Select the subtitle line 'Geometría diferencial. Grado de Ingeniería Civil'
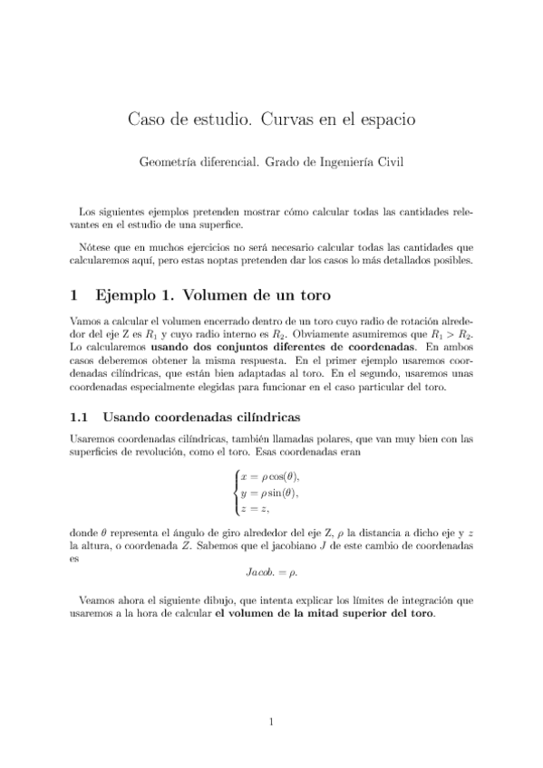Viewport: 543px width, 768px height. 271,163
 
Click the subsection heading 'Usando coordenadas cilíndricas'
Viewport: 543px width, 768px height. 201,418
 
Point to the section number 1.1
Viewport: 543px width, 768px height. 80,418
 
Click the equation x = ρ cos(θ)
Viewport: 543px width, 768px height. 269,477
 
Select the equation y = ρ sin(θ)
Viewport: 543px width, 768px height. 269,494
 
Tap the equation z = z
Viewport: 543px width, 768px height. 256,510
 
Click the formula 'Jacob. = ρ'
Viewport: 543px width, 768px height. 271,572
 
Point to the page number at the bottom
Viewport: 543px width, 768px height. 271,722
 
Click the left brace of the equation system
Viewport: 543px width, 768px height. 237,494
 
